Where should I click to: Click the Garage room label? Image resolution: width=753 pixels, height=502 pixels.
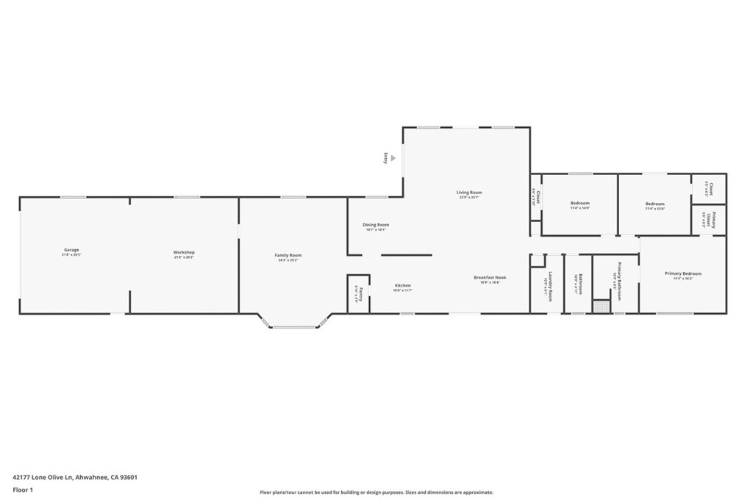(x=71, y=250)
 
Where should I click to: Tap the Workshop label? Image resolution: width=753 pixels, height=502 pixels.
(x=184, y=252)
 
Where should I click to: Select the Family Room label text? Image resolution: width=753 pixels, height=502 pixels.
(x=288, y=255)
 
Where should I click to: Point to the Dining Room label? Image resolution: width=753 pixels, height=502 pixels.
(x=376, y=225)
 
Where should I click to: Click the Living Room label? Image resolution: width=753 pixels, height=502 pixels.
(x=468, y=193)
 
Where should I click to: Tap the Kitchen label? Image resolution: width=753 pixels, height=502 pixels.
(x=402, y=285)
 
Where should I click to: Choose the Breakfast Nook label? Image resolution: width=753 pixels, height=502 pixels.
(x=490, y=277)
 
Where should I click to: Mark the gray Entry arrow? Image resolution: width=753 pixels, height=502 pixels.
(x=393, y=157)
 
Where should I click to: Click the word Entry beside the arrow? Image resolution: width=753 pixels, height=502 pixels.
(x=385, y=157)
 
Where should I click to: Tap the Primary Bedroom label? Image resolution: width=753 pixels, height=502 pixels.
(x=683, y=273)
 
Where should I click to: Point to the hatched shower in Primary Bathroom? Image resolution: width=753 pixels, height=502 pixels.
(x=602, y=306)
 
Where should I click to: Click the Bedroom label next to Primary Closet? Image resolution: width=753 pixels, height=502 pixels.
(x=654, y=204)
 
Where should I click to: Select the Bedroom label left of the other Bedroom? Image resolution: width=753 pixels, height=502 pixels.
(x=579, y=204)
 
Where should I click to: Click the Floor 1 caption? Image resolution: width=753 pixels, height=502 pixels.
(x=23, y=490)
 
